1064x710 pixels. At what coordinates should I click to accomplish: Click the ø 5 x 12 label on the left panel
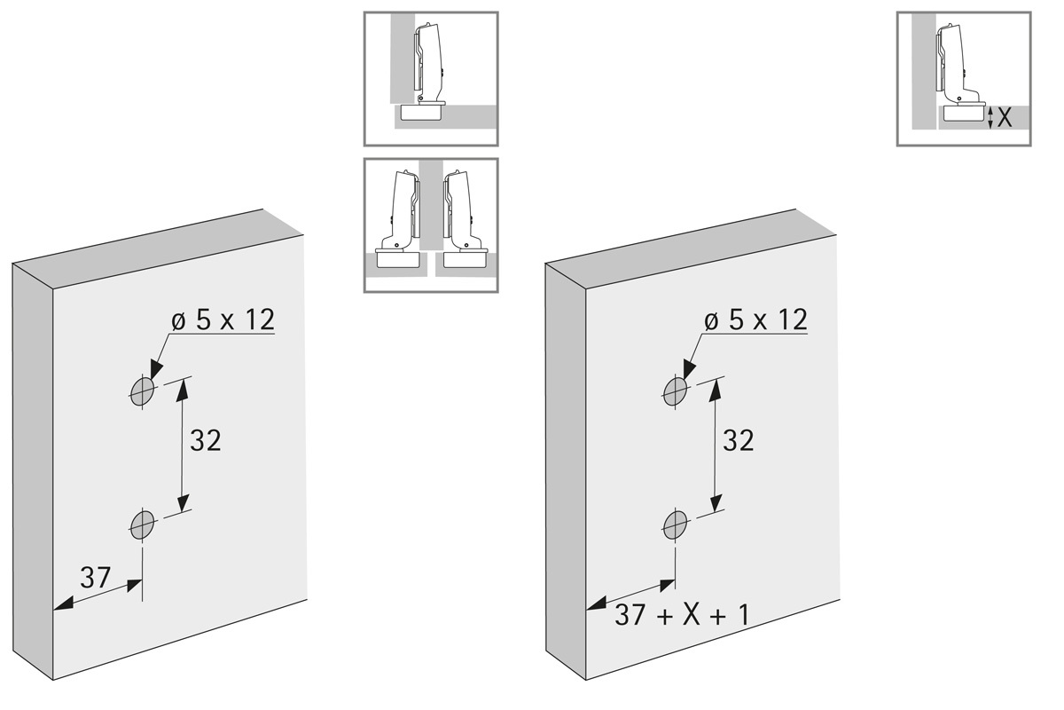(x=223, y=319)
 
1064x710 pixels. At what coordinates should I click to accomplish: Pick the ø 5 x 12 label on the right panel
(x=755, y=319)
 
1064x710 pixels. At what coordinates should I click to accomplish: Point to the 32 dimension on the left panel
(x=205, y=440)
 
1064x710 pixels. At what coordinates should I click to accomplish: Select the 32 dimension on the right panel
(x=738, y=440)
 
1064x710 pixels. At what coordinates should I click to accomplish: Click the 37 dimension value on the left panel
(x=95, y=577)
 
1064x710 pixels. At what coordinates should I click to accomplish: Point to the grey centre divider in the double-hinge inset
(x=431, y=213)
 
